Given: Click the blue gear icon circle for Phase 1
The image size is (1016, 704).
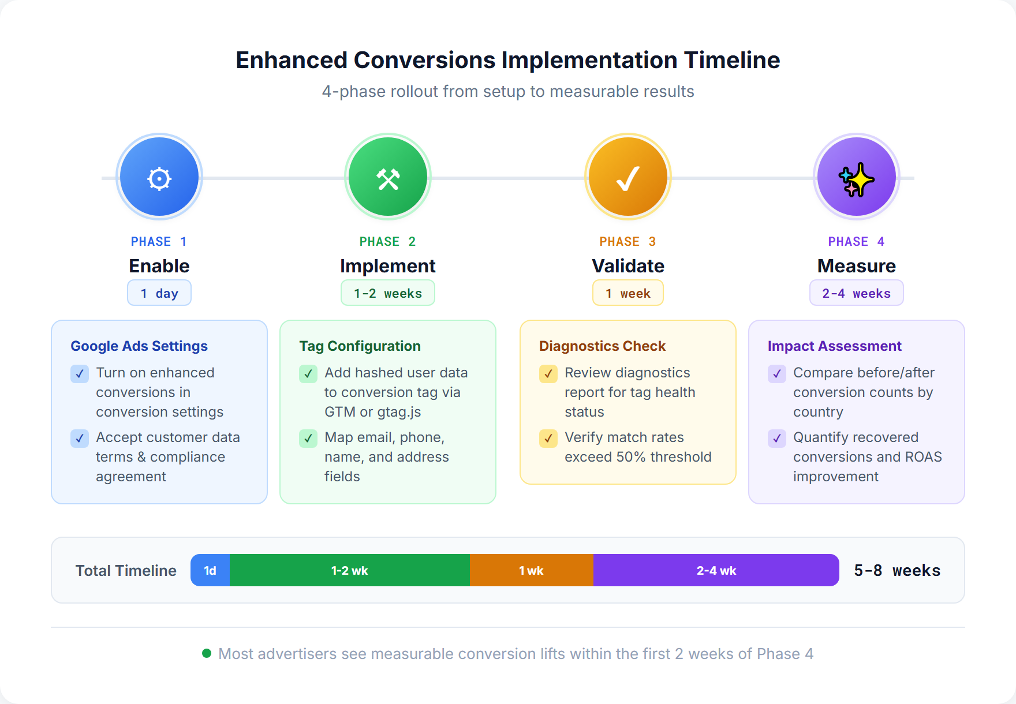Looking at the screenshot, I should click(x=159, y=178).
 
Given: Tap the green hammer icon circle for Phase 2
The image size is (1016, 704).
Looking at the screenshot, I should click(x=388, y=178).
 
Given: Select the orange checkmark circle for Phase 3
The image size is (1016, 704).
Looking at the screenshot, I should click(x=628, y=178).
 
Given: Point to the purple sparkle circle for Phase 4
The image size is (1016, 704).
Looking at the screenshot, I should click(x=857, y=178).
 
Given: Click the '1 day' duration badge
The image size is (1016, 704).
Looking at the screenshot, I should click(x=159, y=293).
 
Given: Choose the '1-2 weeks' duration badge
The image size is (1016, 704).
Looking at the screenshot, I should click(x=388, y=293).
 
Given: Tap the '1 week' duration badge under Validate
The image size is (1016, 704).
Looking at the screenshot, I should click(x=628, y=293).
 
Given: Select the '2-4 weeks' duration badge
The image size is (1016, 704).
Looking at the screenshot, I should click(x=857, y=293).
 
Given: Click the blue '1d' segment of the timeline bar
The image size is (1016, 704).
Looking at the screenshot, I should click(x=210, y=571).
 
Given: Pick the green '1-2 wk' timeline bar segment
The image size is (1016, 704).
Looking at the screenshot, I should click(x=349, y=571).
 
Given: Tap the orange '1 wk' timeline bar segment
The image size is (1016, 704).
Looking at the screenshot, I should click(x=531, y=571).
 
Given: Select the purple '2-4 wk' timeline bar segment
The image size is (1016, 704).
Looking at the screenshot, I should click(x=716, y=571).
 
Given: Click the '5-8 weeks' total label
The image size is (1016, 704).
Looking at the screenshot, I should click(x=897, y=571).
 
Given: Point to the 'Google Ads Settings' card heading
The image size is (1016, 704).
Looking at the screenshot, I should click(x=139, y=346).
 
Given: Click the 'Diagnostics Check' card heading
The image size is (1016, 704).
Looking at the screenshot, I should click(x=602, y=346).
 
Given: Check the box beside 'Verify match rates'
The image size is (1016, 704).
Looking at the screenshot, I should click(x=548, y=439).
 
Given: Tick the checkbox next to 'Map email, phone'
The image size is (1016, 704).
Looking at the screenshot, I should click(x=308, y=439).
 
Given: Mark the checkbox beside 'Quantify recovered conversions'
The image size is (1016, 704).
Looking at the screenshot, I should click(x=777, y=439).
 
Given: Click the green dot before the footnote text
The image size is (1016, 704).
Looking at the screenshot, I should click(x=207, y=653).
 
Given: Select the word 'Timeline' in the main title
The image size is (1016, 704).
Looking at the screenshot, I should click(x=732, y=61).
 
